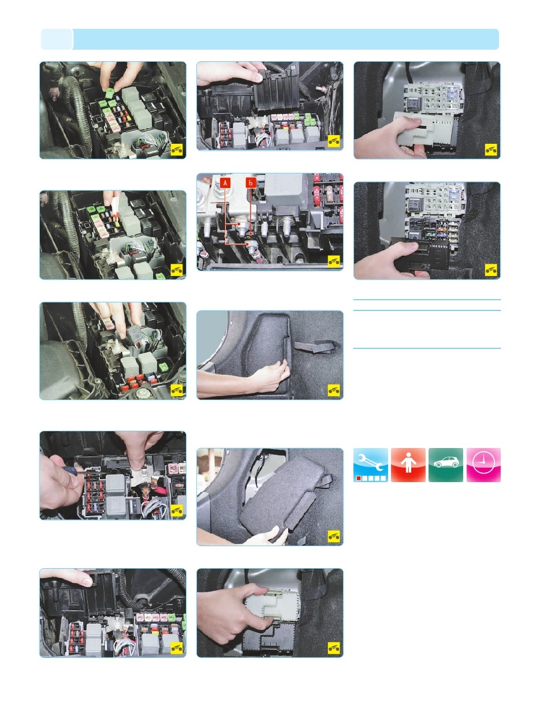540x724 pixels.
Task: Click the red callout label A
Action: (225, 182)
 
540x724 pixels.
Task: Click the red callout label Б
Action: (251, 182)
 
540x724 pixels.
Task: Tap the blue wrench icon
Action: (370, 465)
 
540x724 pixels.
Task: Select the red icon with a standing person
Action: (408, 465)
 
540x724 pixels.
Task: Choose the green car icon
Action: (446, 465)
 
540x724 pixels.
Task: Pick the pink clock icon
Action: (483, 465)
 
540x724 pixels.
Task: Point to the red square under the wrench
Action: (359, 478)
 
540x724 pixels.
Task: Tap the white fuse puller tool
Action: (115, 207)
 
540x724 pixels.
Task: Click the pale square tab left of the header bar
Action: (57, 39)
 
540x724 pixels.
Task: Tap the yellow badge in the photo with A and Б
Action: (334, 262)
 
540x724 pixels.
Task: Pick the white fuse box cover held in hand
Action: (426, 130)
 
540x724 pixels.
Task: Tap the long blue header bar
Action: (286, 39)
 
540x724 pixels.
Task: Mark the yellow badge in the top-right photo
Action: (491, 150)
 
